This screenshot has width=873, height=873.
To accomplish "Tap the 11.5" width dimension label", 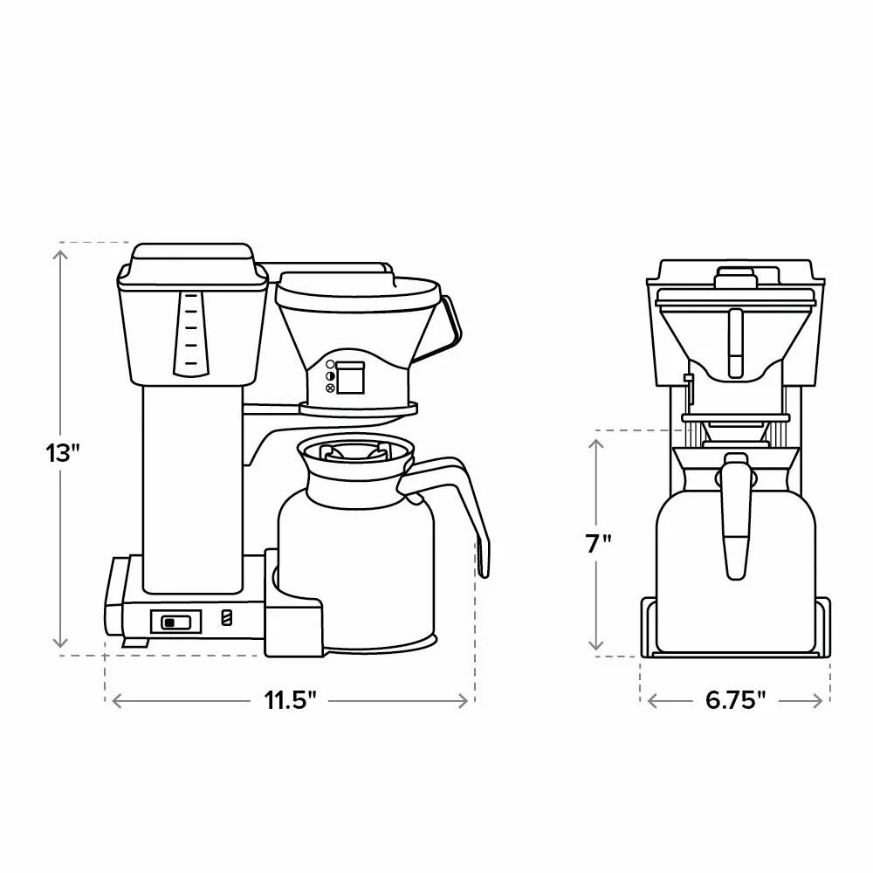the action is click(290, 700).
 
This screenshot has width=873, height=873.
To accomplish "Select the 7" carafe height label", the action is click(599, 543).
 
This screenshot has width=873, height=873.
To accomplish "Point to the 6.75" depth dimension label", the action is click(735, 700).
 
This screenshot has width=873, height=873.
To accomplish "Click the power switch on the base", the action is click(175, 622).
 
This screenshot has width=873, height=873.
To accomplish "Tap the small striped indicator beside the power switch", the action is click(227, 617).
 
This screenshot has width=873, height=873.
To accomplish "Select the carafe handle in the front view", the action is click(735, 516).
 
